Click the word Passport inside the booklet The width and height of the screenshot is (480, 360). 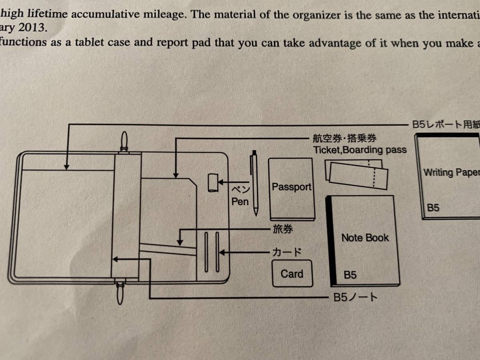point(291,187)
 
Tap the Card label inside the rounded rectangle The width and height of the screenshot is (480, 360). point(292,274)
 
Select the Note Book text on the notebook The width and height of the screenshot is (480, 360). point(365,238)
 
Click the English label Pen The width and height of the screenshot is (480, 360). point(240,202)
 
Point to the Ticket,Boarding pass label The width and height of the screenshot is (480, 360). point(360,150)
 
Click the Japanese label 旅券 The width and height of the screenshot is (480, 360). point(282,230)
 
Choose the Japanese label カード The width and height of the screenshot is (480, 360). point(286,252)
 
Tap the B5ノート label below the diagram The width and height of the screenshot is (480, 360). point(355,298)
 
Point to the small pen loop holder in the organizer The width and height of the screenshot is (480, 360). point(212,183)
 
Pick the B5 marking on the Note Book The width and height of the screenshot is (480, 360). point(350,275)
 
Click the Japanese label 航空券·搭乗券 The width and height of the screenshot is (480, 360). point(344,139)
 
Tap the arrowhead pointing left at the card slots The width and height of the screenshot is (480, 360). point(221,252)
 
